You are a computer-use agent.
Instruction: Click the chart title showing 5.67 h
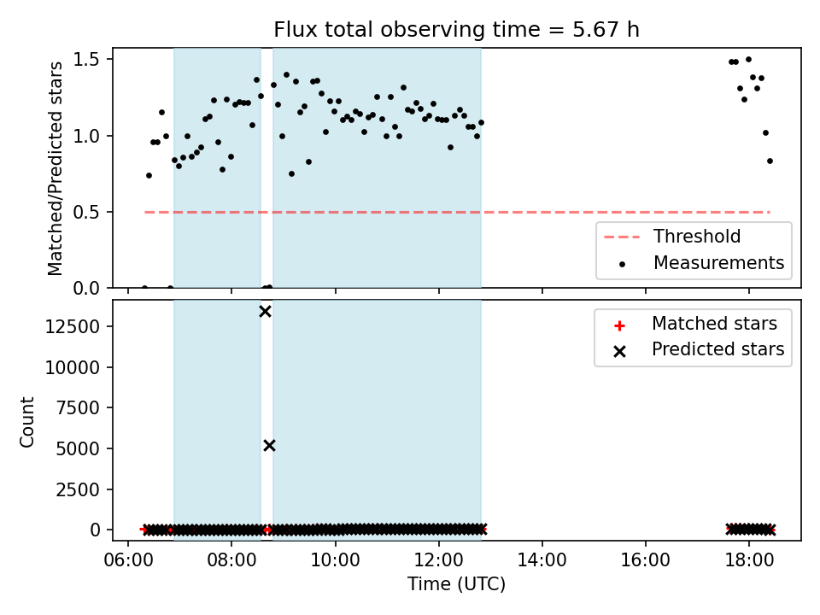(456, 29)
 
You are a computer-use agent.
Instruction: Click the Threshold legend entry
(672, 237)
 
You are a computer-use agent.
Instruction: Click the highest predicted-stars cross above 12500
(265, 312)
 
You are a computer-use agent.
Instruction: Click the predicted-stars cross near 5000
(269, 446)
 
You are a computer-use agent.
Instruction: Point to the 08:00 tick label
(231, 560)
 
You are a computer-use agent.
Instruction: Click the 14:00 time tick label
(542, 560)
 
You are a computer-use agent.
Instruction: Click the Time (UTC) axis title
(456, 583)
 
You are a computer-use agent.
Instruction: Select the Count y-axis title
(26, 421)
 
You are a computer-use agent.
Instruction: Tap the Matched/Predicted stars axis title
(55, 168)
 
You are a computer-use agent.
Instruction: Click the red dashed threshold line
(457, 213)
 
